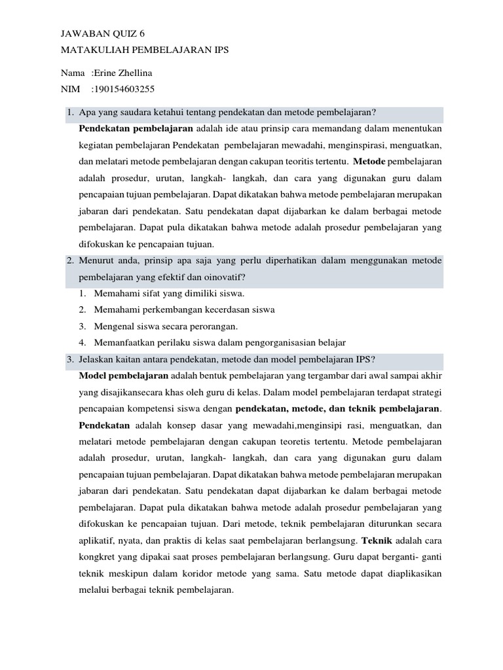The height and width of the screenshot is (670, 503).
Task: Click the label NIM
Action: point(71,89)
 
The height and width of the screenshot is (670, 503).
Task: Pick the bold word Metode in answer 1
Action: point(370,160)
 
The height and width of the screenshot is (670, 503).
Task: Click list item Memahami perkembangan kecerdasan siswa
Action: point(184,309)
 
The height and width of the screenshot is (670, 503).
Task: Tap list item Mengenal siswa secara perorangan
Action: point(166,326)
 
